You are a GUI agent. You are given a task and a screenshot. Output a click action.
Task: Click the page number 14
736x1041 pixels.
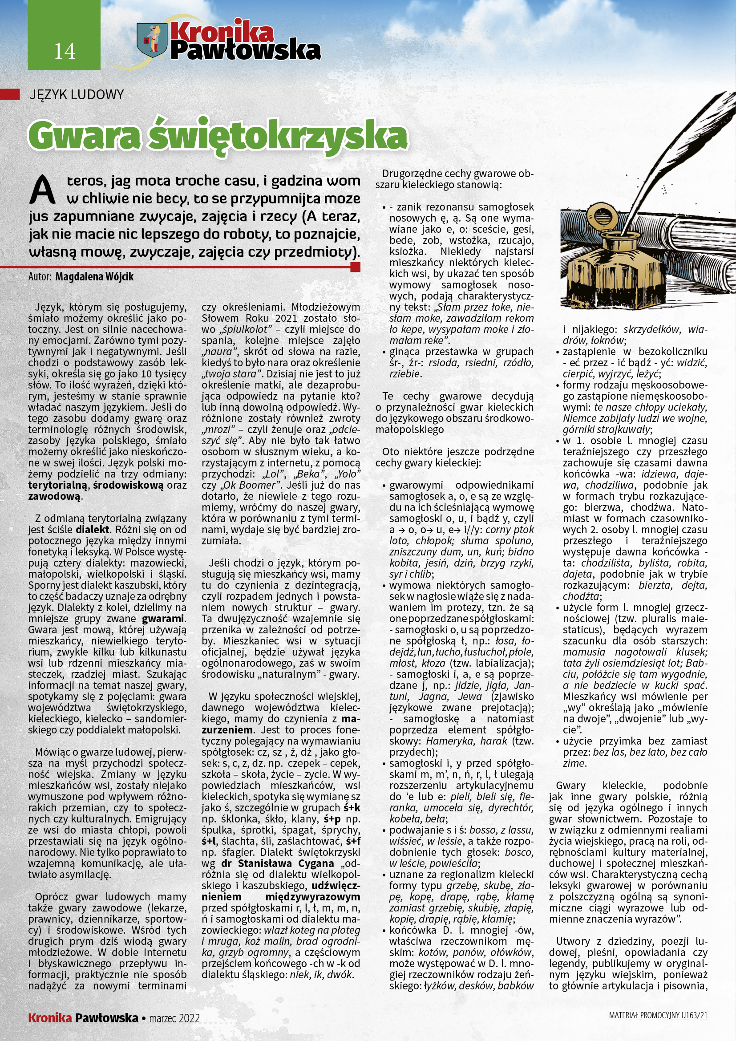tap(65, 51)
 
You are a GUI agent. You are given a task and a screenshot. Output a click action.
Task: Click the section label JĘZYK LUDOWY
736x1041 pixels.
tap(76, 95)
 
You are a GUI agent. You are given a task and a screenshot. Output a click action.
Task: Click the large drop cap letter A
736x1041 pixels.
tap(43, 190)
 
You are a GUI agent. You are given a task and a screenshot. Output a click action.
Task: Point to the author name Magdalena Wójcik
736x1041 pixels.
tap(94, 276)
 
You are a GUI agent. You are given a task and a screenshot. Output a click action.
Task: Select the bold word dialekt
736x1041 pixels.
tap(93, 530)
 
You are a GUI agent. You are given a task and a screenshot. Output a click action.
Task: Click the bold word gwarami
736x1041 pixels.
tap(163, 619)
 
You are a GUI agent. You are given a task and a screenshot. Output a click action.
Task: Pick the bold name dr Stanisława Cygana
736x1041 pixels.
tap(277, 864)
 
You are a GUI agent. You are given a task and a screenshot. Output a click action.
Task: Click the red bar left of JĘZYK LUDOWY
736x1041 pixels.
tap(9, 94)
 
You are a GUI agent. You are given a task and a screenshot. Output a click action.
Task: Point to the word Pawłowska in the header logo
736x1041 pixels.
tap(246, 51)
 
